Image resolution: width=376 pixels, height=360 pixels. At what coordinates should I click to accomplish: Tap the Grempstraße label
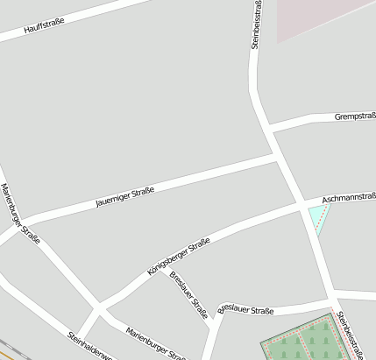[x=354, y=116]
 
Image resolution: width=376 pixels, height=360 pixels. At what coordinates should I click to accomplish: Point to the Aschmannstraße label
[x=349, y=200]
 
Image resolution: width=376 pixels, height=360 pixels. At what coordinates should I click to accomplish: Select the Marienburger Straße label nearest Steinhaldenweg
[x=156, y=343]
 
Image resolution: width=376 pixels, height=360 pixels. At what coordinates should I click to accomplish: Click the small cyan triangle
[x=317, y=217]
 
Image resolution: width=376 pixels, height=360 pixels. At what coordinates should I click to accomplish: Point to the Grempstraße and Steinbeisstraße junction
[x=269, y=129]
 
